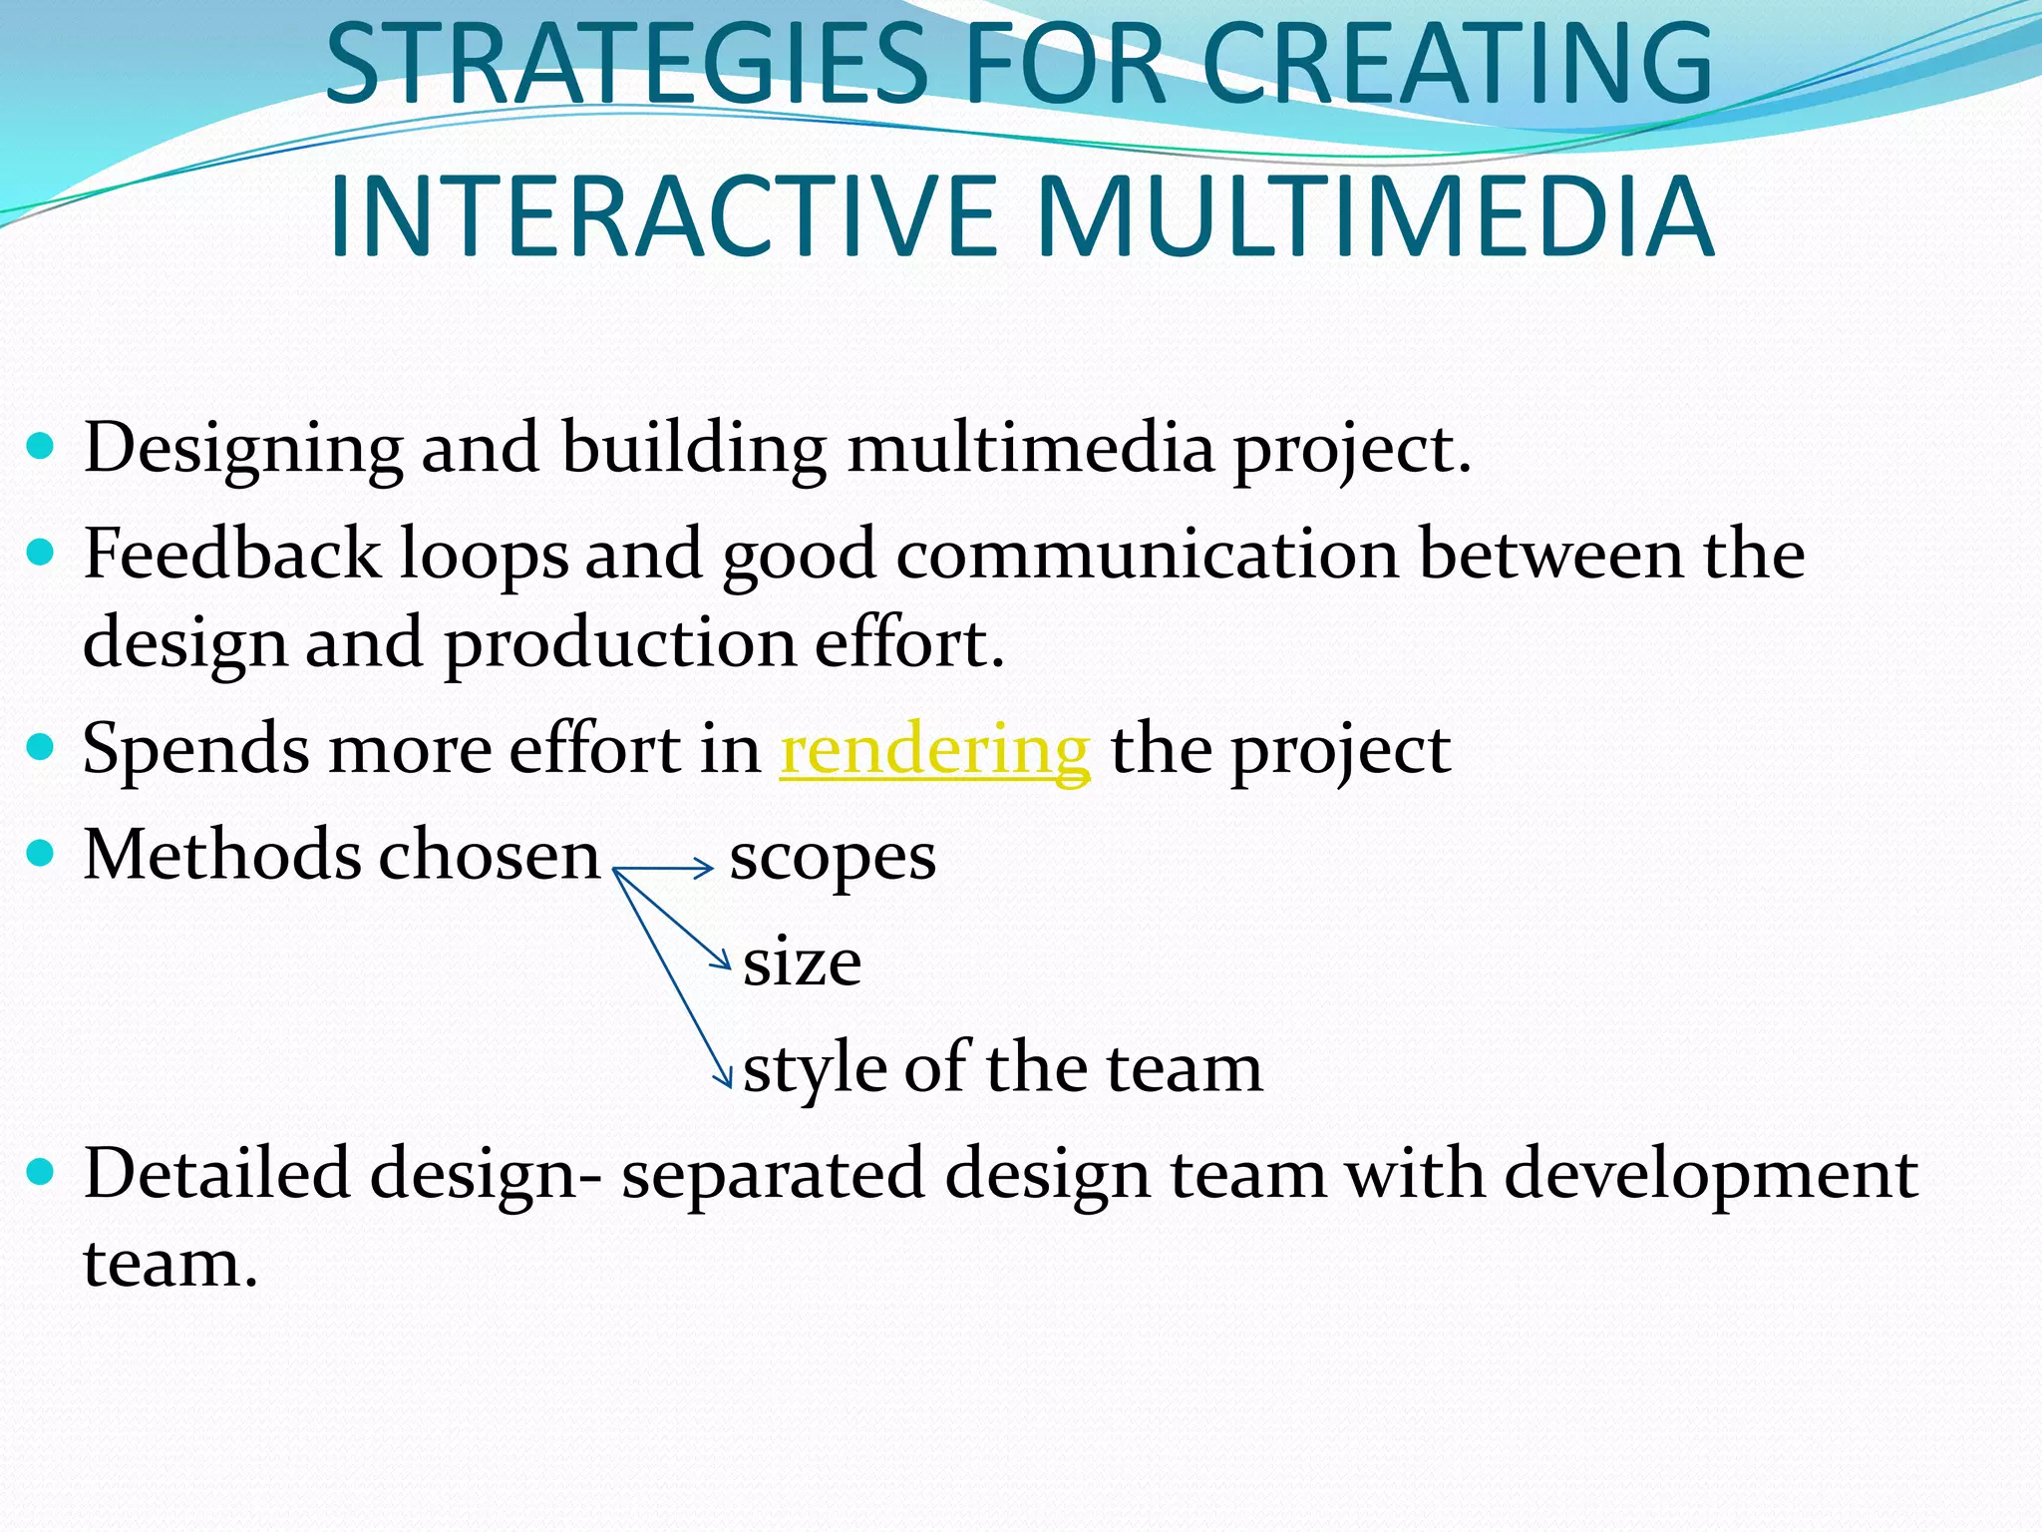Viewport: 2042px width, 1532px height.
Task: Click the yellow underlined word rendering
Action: click(934, 750)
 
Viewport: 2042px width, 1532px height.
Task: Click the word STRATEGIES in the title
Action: click(626, 64)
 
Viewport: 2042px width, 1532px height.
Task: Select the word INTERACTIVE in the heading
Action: click(662, 216)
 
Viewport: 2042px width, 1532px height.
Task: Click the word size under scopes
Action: click(802, 963)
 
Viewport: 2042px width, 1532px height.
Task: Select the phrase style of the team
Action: click(1002, 1068)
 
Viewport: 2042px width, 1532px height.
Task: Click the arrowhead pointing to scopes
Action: click(706, 868)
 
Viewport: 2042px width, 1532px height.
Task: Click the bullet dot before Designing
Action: click(40, 445)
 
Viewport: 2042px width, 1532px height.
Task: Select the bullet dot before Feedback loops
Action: click(40, 552)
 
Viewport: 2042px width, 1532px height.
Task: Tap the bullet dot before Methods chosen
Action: click(40, 854)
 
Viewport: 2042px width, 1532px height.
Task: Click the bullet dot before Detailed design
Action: click(40, 1171)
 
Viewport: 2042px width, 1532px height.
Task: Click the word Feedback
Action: click(231, 554)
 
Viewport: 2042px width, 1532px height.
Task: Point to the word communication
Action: click(1147, 554)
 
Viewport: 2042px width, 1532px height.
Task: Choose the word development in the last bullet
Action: click(1710, 1175)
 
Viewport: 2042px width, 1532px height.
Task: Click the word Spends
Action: click(195, 750)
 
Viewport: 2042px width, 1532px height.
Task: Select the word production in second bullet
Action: click(619, 644)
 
